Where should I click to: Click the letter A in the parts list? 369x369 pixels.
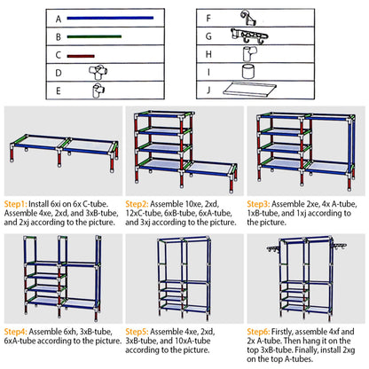pyautogui.click(x=58, y=18)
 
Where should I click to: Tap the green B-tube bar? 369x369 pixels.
pyautogui.click(x=96, y=36)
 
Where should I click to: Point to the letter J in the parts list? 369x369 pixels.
pyautogui.click(x=208, y=90)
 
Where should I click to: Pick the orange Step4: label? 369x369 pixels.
pyautogui.click(x=19, y=329)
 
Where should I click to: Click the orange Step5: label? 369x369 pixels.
pyautogui.click(x=145, y=329)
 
